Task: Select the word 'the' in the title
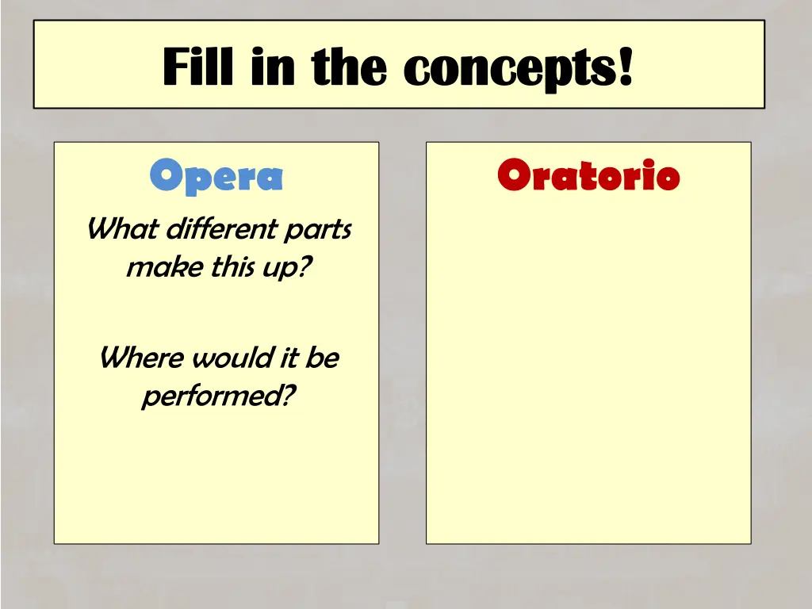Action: click(349, 67)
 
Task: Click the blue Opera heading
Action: click(216, 176)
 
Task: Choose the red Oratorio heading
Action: click(588, 175)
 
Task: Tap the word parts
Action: click(317, 231)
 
